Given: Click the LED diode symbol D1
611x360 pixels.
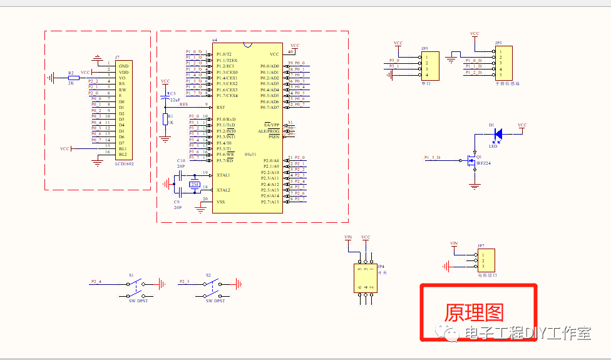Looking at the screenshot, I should coord(498,133).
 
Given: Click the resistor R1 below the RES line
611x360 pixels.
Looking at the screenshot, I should coord(165,119).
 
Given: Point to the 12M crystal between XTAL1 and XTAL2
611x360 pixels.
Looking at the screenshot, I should coord(195,184).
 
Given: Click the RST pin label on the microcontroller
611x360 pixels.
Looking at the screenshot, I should coord(220,108).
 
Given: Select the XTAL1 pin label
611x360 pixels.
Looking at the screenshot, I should coord(223,175).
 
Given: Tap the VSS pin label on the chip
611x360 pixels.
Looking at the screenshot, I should coord(220,202).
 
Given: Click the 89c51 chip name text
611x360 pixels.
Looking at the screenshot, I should coord(252,153).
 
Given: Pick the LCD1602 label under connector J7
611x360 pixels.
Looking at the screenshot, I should coord(125,163).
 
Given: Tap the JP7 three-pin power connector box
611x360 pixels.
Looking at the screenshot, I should coord(486,260).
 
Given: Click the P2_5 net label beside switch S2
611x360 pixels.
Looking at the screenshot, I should coord(184,281).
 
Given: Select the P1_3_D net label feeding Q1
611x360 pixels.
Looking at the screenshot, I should coord(432,157).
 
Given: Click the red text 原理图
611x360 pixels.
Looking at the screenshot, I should coord(474,312).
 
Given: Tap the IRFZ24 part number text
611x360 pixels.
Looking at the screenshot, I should coord(484,163).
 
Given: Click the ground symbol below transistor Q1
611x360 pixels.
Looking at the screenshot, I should coord(475,185).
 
